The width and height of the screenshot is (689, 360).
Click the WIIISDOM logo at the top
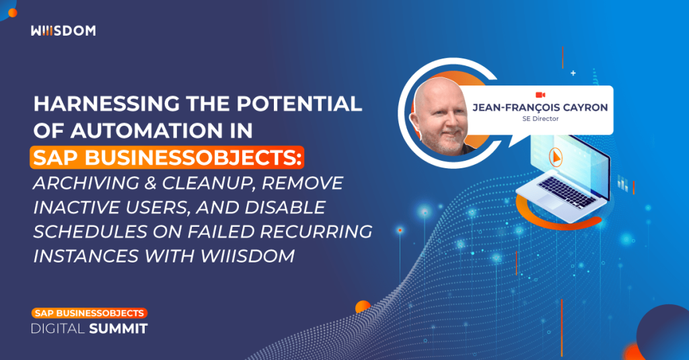(63, 31)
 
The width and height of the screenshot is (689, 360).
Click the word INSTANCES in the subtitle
(88, 256)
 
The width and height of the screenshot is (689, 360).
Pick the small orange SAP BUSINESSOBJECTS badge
(89, 314)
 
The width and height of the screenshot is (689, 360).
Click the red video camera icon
(540, 95)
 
